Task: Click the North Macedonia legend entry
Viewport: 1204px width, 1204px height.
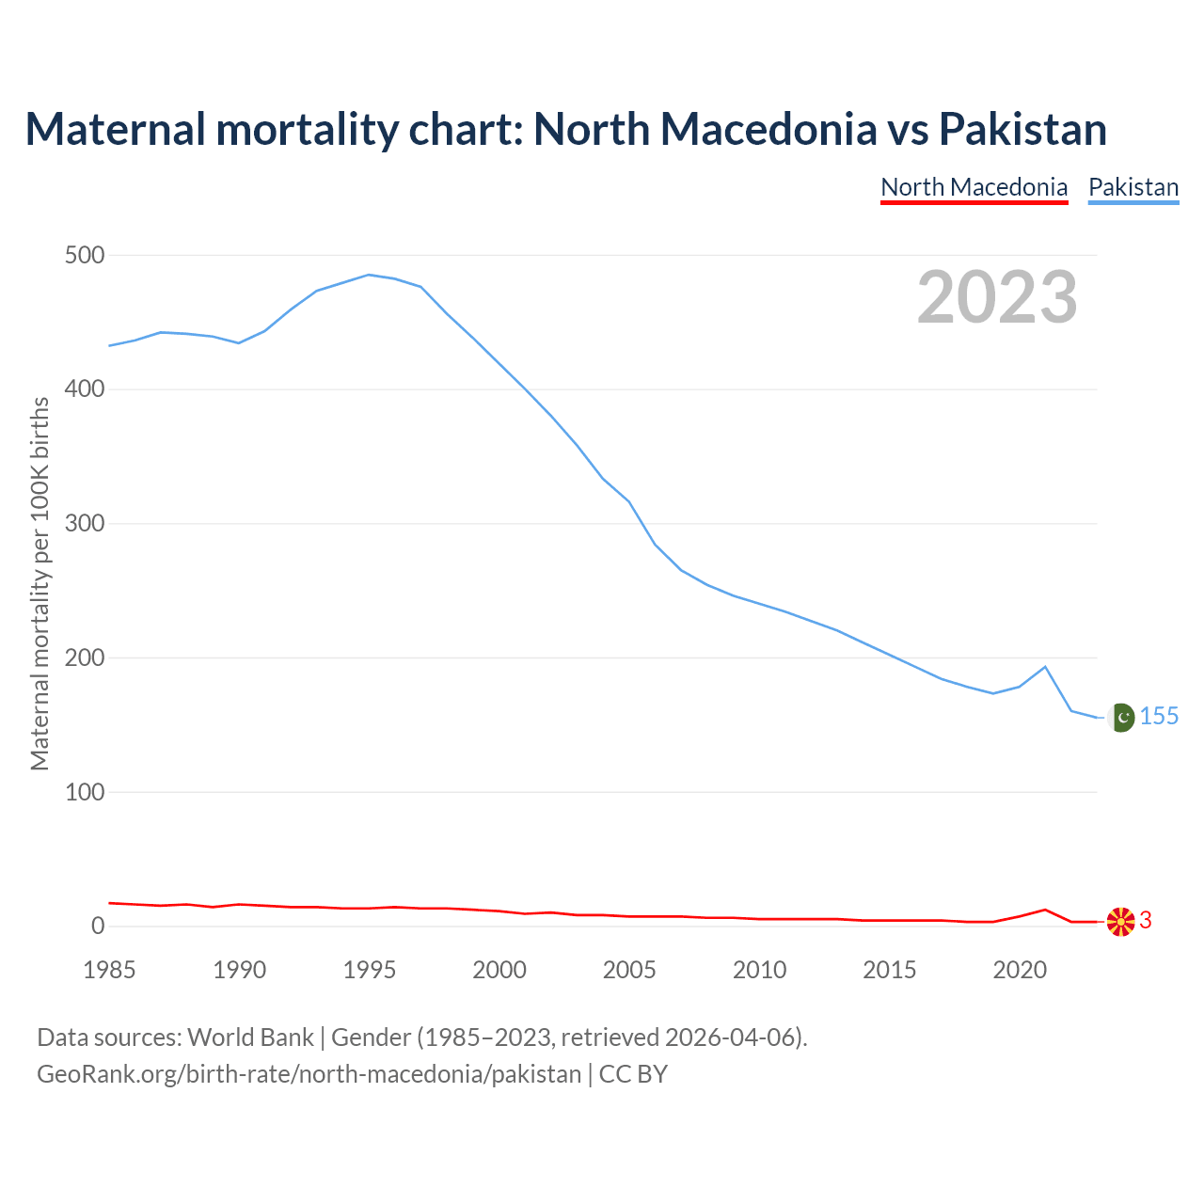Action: click(x=974, y=187)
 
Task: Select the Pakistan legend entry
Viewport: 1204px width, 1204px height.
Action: click(x=1133, y=187)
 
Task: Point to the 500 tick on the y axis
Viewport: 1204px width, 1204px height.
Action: click(x=85, y=255)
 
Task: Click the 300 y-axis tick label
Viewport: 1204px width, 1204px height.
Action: click(x=85, y=524)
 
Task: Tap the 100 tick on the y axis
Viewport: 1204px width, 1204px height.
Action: click(x=85, y=792)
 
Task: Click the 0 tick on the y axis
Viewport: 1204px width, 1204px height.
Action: click(x=98, y=927)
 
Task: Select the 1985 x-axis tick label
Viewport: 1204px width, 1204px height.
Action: click(x=109, y=970)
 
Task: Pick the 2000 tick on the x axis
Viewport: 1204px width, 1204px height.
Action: click(x=499, y=970)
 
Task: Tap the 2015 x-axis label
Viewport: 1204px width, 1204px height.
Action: click(x=889, y=970)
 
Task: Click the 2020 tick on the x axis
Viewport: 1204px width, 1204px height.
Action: click(x=1020, y=970)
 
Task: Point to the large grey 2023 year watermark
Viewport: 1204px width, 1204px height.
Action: click(x=997, y=297)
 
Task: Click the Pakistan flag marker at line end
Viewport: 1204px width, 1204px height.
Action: click(x=1120, y=718)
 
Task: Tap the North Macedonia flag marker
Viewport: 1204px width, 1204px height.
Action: click(x=1120, y=922)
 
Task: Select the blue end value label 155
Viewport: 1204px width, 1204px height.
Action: click(x=1159, y=717)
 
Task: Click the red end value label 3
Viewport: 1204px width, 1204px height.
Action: click(x=1146, y=921)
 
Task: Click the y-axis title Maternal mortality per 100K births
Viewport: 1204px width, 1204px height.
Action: click(x=40, y=583)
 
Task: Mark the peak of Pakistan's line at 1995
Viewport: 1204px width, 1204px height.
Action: click(x=369, y=275)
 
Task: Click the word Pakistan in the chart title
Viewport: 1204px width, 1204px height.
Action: click(x=1022, y=129)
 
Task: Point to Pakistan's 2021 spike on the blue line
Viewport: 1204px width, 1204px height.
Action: click(x=1045, y=667)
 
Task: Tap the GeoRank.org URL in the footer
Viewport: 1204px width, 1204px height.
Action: click(x=309, y=1074)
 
